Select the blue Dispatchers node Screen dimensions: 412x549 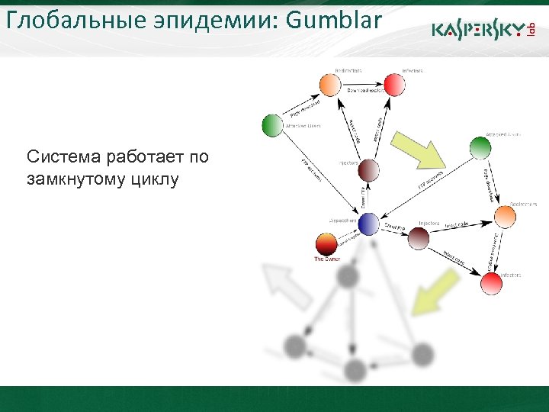coord(368,224)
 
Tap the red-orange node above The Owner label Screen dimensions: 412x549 coord(326,246)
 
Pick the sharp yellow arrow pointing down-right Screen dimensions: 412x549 coord(418,150)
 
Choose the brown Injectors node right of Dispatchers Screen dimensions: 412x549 coord(419,238)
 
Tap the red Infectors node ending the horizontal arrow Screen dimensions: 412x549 coord(394,84)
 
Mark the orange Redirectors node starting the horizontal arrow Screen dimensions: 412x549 coord(329,84)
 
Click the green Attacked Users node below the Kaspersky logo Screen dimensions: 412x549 coord(478,147)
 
